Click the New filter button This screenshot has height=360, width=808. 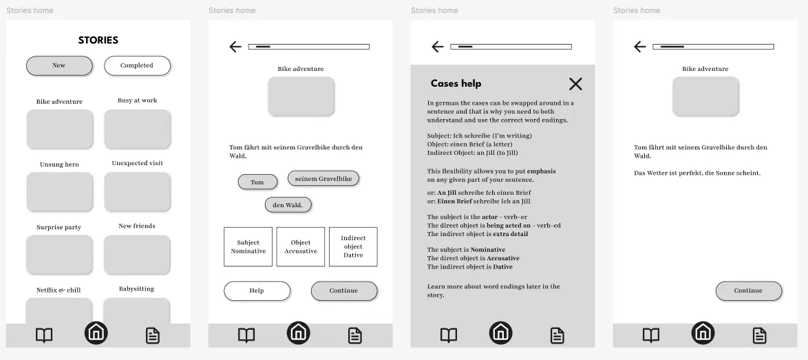tap(59, 65)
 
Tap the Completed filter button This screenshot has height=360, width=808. tap(137, 65)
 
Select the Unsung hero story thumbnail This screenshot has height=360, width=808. tap(59, 191)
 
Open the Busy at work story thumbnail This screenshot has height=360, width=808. tap(137, 129)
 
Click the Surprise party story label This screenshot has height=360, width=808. tap(59, 227)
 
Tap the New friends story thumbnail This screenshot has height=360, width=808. tap(137, 255)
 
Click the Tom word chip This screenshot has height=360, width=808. tap(257, 182)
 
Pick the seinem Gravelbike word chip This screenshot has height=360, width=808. tap(323, 179)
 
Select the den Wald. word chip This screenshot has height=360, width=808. tap(288, 205)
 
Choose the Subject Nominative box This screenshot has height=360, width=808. tap(248, 246)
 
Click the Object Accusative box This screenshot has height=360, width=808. tap(301, 246)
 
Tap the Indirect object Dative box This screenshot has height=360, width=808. tap(353, 246)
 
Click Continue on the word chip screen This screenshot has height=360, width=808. tap(343, 290)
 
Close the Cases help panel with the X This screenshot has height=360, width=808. tap(575, 84)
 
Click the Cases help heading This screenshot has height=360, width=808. tap(456, 83)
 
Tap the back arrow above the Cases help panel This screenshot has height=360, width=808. tap(438, 47)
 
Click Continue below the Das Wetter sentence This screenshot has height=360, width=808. tap(748, 290)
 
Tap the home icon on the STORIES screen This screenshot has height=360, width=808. tap(96, 333)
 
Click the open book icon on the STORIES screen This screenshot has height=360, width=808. tap(44, 335)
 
